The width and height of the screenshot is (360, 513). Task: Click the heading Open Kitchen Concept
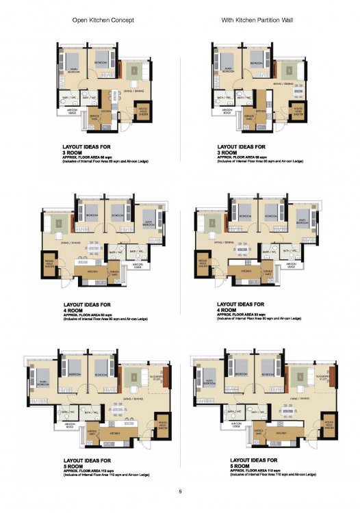[103, 21]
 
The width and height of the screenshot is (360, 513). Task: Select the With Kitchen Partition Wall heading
[258, 21]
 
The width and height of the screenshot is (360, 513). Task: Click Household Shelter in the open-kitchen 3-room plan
[144, 109]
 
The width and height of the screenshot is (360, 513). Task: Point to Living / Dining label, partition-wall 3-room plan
[283, 83]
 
